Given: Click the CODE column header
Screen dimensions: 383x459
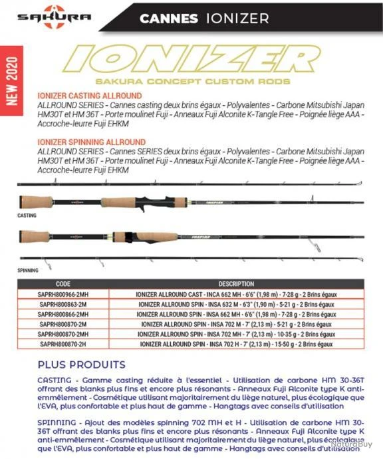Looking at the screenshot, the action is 63,283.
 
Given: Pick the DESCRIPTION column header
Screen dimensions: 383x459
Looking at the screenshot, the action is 236,283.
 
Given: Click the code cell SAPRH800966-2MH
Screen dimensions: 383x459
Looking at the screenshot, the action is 63,293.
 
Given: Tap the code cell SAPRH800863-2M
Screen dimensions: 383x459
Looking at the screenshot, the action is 63,303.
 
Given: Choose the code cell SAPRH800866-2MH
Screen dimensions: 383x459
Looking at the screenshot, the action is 63,313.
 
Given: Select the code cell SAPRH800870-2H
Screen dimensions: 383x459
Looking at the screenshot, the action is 63,345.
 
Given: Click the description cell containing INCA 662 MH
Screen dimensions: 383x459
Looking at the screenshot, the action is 236,293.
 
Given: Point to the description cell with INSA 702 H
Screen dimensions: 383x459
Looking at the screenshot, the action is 236,345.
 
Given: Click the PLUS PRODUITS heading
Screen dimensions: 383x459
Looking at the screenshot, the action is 81,365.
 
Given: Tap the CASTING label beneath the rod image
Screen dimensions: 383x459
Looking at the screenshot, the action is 27,216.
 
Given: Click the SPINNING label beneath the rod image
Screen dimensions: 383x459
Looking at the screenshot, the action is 28,271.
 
